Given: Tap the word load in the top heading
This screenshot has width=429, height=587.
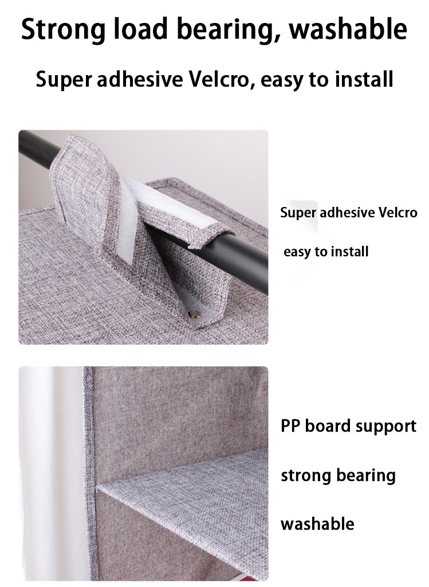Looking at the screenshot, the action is (x=141, y=29).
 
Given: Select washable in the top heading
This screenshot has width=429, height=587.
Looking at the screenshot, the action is (x=348, y=29).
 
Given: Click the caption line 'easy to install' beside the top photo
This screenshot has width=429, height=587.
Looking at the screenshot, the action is (x=326, y=252).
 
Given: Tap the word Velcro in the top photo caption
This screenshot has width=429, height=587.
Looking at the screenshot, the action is (x=397, y=213).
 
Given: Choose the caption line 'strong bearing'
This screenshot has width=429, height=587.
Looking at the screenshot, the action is (x=338, y=476).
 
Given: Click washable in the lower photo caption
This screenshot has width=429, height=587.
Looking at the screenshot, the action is (x=317, y=523).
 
